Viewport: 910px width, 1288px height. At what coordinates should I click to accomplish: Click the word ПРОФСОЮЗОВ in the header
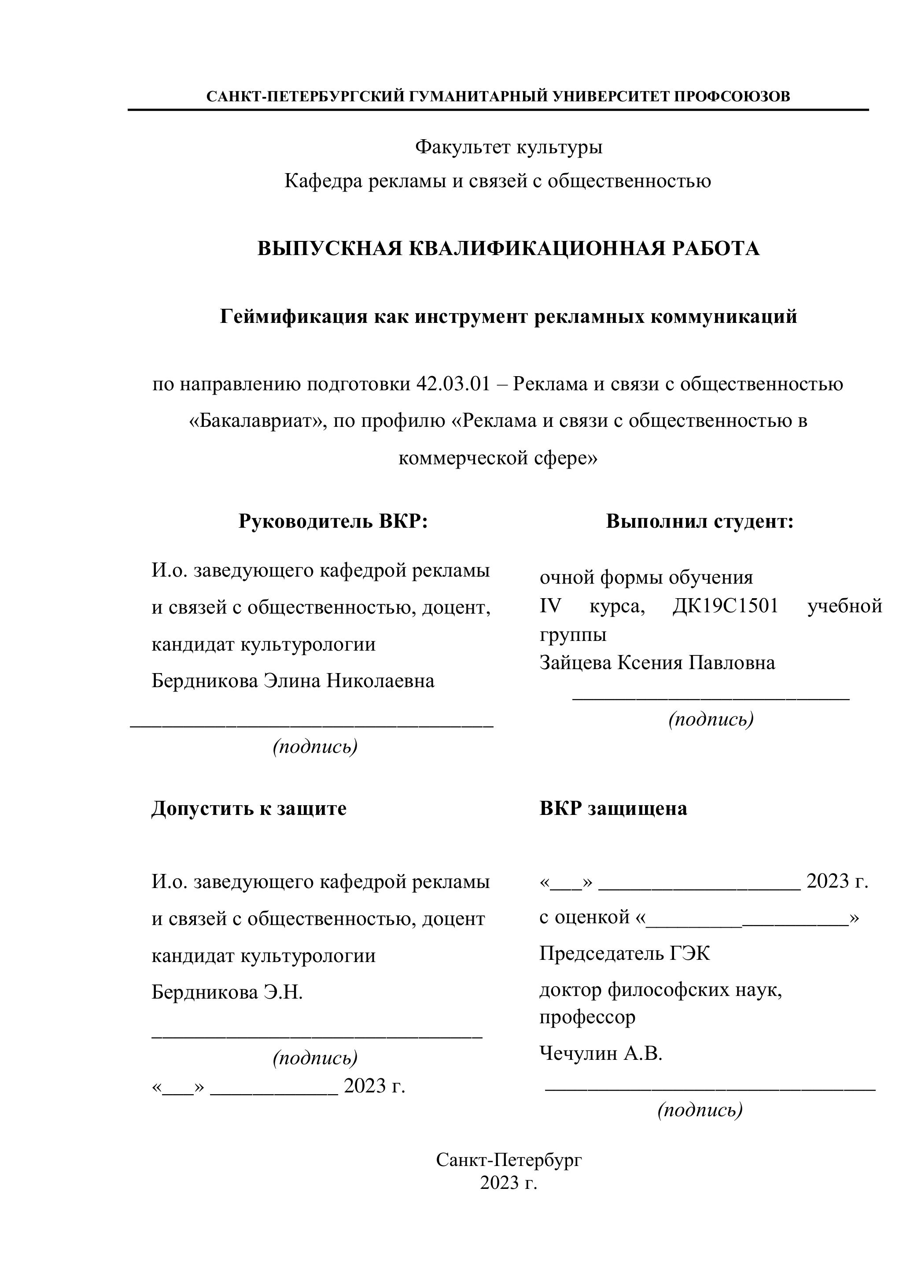pos(732,96)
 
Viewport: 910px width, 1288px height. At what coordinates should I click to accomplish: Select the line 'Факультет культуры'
pos(508,147)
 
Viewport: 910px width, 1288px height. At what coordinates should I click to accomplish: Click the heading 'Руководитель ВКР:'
pos(333,521)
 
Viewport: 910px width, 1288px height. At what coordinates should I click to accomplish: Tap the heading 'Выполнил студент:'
pos(699,521)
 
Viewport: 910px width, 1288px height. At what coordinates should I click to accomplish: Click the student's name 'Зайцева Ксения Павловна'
pos(657,663)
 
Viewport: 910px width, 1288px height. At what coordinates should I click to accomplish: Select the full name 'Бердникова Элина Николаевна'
pos(293,681)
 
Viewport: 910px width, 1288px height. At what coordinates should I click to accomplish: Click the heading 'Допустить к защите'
pos(249,808)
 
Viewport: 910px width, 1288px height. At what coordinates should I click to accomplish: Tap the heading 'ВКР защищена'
pos(613,808)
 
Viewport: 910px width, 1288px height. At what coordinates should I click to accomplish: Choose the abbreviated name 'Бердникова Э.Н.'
pos(227,992)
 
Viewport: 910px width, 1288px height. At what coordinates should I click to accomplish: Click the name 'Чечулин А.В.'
pos(601,1054)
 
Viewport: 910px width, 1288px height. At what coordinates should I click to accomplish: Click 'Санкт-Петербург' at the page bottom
pos(508,1160)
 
